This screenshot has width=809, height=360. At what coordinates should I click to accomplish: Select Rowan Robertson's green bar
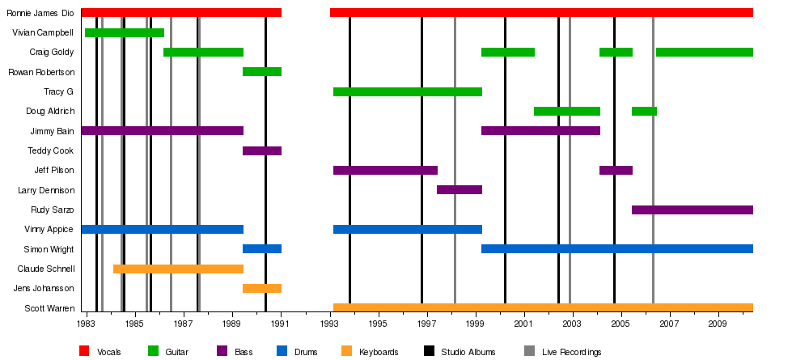[x=262, y=71]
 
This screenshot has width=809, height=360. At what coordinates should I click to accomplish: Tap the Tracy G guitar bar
[x=407, y=91]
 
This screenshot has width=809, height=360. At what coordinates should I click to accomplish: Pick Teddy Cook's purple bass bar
[x=262, y=150]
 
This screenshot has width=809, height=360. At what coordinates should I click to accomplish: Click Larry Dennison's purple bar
[x=459, y=189]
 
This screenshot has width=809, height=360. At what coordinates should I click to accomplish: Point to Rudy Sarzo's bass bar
[x=692, y=210]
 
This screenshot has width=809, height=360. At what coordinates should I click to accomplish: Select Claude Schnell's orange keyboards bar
[x=178, y=269]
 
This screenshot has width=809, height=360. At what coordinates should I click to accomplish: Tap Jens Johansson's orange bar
[x=262, y=288]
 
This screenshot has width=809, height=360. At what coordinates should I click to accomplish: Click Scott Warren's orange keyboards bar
[x=542, y=307]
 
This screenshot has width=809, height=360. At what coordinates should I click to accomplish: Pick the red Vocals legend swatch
[x=84, y=351]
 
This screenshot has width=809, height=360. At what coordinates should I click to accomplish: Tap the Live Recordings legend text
[x=572, y=352]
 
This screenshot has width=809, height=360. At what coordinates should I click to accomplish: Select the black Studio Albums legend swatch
[x=429, y=351]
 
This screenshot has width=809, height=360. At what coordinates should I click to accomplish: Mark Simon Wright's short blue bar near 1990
[x=262, y=248]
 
